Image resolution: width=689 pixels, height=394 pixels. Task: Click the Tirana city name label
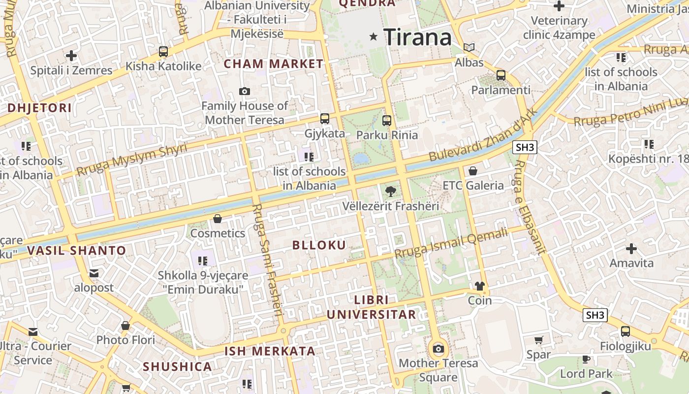point(417,37)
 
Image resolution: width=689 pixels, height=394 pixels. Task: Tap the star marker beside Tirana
point(374,36)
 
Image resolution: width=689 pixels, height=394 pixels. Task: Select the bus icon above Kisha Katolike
point(163,52)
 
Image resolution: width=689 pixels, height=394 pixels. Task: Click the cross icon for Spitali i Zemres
point(71,56)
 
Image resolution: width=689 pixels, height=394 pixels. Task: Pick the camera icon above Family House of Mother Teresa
point(244,91)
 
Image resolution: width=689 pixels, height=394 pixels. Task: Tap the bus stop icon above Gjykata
point(325,119)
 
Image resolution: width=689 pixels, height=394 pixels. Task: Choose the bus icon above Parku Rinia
point(387,120)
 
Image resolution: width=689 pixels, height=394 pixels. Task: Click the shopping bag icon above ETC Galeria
point(473,171)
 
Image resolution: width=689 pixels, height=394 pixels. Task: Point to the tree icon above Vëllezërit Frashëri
point(391,191)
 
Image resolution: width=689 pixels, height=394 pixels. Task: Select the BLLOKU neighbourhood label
point(319,245)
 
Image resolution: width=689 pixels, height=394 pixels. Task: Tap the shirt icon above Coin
point(480,286)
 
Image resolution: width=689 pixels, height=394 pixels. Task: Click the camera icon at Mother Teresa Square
point(438,349)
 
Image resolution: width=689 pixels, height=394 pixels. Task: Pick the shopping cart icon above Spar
point(539,340)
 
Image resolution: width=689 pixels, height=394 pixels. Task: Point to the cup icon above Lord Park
point(586,359)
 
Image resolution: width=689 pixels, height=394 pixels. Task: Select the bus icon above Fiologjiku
point(625,331)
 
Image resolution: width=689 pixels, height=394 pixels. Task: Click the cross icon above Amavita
point(631,249)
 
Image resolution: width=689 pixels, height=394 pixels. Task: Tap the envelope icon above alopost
point(94,273)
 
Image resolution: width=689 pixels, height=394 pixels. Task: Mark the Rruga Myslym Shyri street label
point(132,160)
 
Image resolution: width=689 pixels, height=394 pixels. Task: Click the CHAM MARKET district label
point(274,64)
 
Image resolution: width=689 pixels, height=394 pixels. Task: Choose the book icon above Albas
point(470,48)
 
